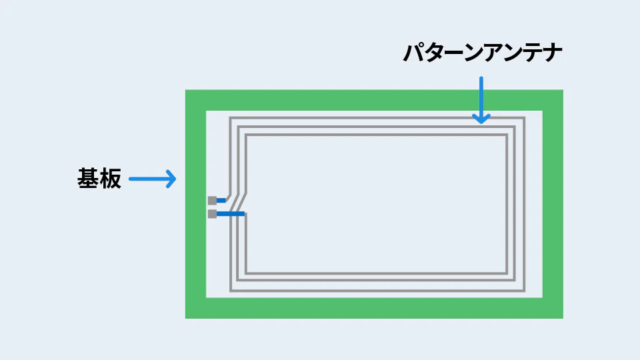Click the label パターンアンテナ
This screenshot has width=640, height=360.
coord(483,53)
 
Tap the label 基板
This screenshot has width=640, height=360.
coord(99,179)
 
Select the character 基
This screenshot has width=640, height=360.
coord(88,179)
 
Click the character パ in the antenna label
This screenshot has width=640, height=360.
coord(414,53)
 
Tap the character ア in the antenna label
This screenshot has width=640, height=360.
coord(493,53)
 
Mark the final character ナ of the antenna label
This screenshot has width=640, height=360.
coord(553,53)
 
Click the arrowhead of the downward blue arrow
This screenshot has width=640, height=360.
coord(481,119)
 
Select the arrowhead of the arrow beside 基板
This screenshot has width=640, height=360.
coord(171,179)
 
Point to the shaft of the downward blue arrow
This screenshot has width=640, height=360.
coord(481,99)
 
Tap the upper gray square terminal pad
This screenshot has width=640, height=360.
coord(212,201)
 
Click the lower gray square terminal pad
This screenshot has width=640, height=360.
coord(212,214)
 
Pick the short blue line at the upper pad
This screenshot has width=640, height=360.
coord(221,201)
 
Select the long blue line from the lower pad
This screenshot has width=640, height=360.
coord(231,214)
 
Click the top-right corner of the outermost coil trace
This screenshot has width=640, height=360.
coord(524,118)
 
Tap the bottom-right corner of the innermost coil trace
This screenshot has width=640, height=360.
coord(507,273)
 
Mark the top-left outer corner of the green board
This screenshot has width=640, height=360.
coord(186,90)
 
